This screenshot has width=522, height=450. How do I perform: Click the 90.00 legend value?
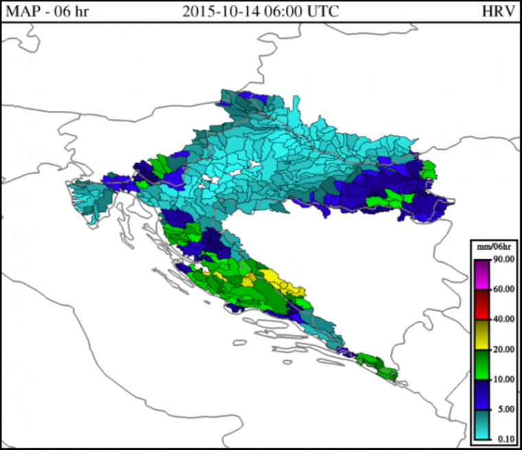click(x=503, y=259)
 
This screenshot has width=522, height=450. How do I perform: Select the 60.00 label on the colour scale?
click(x=503, y=289)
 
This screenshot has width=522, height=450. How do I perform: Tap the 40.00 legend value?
click(x=503, y=319)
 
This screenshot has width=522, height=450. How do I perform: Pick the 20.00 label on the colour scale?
click(x=503, y=349)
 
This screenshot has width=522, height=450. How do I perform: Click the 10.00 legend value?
click(x=503, y=379)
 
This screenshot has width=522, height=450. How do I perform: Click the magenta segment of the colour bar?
click(x=481, y=274)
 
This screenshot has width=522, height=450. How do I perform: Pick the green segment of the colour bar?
click(x=481, y=364)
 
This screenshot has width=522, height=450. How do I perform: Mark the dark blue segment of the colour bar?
click(x=481, y=394)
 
